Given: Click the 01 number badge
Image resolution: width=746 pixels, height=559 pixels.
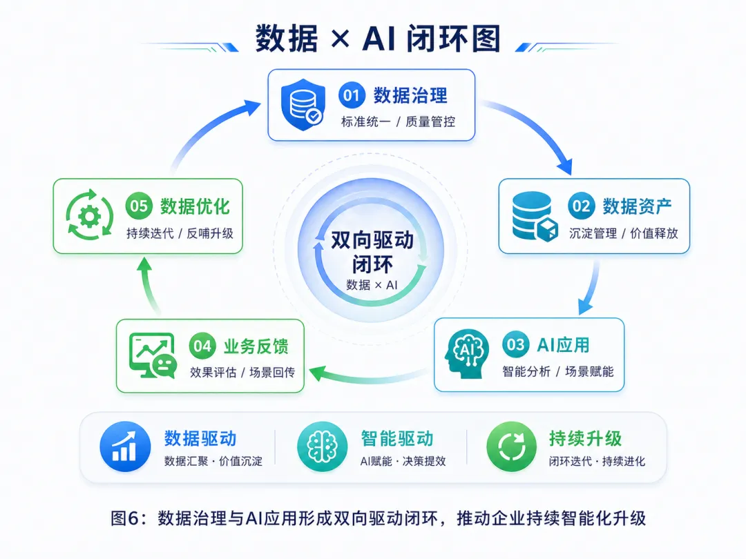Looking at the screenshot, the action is [352, 95].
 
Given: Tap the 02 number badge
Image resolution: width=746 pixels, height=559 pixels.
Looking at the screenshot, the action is [581, 206].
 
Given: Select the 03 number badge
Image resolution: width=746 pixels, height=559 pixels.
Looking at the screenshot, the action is [515, 344].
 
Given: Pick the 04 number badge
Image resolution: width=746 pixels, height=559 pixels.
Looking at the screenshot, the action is [202, 346].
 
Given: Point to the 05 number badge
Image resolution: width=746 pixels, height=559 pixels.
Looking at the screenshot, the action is [139, 206].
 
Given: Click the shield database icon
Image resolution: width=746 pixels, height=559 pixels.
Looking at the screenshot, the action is [303, 105].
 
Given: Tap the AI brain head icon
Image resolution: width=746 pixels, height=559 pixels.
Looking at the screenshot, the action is [466, 354].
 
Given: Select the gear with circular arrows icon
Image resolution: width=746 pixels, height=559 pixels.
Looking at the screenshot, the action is [89, 215].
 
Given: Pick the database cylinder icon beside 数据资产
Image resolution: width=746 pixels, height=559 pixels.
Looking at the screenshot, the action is [535, 216].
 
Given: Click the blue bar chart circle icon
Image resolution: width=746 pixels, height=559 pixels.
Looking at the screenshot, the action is [125, 447].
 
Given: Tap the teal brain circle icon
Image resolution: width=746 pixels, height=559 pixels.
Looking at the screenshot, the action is [322, 447].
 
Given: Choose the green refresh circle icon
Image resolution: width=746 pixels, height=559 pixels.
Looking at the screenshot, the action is [511, 447].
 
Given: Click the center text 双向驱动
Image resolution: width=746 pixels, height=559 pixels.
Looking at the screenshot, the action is [372, 240].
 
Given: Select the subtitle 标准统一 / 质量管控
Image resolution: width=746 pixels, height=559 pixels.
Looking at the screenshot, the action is [398, 121].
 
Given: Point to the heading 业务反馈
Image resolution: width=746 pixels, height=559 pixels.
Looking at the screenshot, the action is [256, 346].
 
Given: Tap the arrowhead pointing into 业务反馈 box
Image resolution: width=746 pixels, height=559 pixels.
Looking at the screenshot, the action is [318, 373].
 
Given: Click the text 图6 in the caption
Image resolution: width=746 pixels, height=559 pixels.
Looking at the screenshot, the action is [125, 518].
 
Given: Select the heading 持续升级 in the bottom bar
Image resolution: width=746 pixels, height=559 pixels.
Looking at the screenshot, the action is [585, 438].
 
